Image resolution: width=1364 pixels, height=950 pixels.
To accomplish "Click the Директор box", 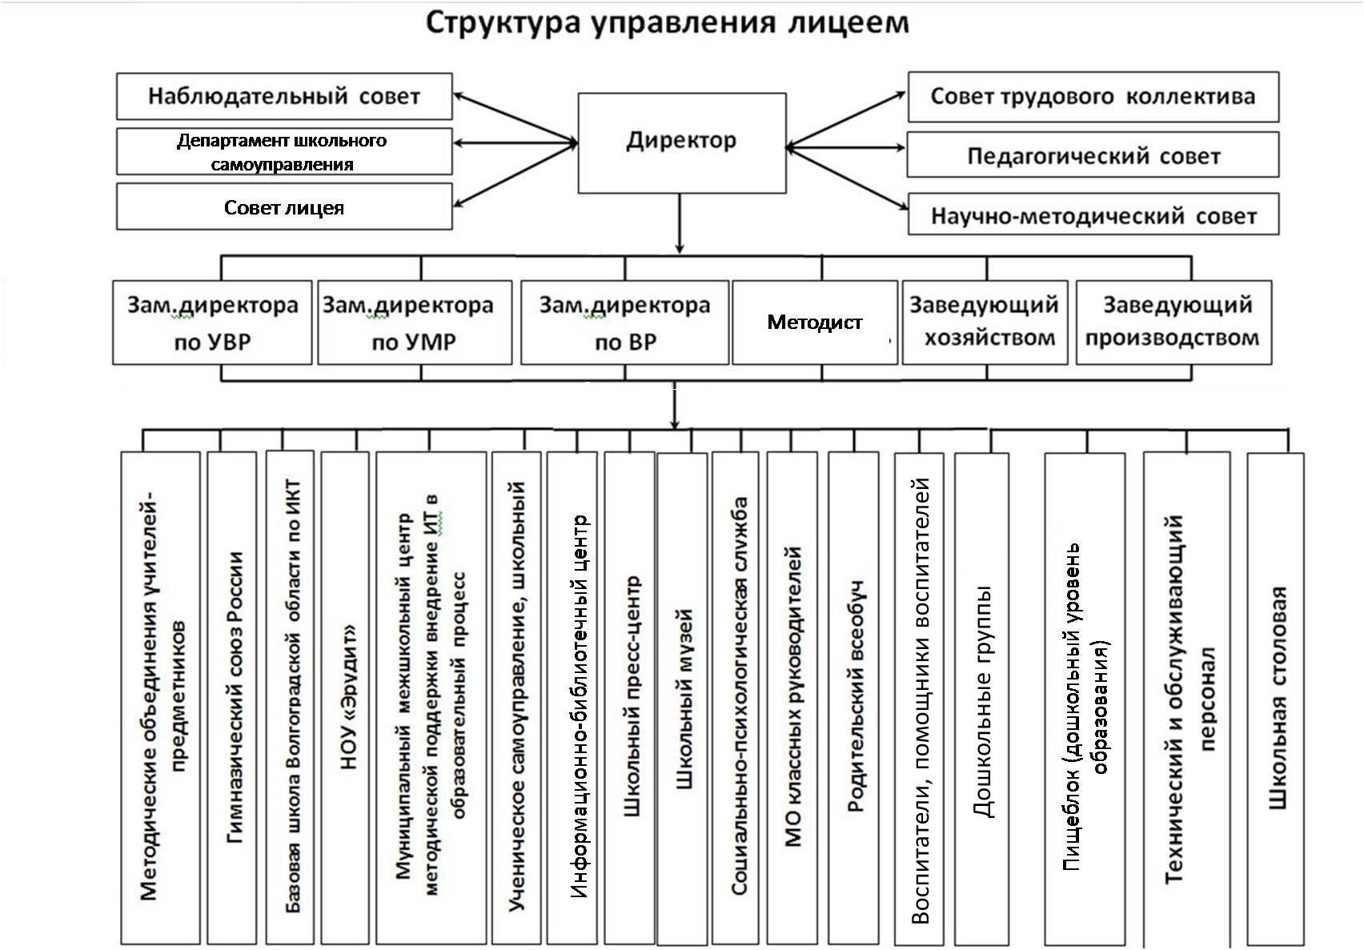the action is coord(682,143).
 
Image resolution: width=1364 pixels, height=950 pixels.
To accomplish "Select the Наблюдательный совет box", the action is coord(284,96).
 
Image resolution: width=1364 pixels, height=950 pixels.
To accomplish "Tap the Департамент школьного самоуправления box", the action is coord(284,151).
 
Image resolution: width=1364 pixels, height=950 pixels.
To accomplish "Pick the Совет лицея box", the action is coord(284,207).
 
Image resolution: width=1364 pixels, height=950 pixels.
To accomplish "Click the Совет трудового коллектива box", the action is coord(1093,97).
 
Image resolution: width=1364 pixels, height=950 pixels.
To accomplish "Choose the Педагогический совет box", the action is coord(1093,154).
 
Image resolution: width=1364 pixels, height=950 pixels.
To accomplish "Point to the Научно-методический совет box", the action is coord(1093,214).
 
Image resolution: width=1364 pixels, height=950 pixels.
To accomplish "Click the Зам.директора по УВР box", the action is coord(212,323).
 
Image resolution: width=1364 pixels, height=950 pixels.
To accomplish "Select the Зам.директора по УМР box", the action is coord(415,323).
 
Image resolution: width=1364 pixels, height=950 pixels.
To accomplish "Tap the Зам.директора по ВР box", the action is coord(624,323).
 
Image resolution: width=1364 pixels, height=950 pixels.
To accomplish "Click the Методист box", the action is coord(815,323).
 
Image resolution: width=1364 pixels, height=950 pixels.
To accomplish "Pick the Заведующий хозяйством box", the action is coord(985,323).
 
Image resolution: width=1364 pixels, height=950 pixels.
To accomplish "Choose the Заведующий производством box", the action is coord(1174,323).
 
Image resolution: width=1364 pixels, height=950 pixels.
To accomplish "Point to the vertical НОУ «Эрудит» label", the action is coord(349,696).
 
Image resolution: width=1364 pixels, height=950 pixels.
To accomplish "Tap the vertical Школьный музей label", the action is coord(684,699).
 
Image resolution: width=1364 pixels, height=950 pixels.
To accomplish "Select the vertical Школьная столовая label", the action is coord(1278,698).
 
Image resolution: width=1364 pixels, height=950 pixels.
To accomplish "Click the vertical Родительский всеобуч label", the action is coord(856,696).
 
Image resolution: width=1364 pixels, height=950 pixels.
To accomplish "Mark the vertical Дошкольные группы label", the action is coord(983,702).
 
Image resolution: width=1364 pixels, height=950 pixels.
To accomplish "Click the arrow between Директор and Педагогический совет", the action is coord(846,147).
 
